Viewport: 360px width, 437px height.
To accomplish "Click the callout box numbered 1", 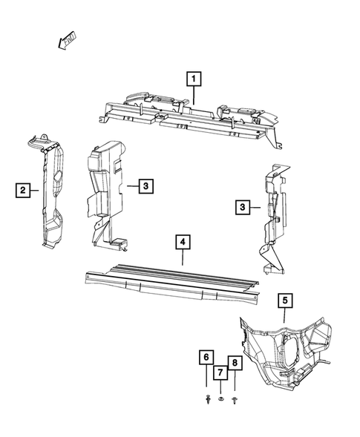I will pyautogui.click(x=193, y=77).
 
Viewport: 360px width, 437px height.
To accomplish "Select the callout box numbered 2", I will pyautogui.click(x=24, y=191).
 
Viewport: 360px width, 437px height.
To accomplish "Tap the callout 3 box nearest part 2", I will pyautogui.click(x=146, y=185).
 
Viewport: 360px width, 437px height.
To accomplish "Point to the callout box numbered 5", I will pyautogui.click(x=285, y=300).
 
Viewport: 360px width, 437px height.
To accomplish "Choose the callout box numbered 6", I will pyautogui.click(x=205, y=359).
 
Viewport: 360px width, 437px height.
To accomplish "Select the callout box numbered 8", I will pyautogui.click(x=235, y=363).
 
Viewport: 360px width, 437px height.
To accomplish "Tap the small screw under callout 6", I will pyautogui.click(x=206, y=400).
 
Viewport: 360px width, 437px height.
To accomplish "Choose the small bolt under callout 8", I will pyautogui.click(x=235, y=400).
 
